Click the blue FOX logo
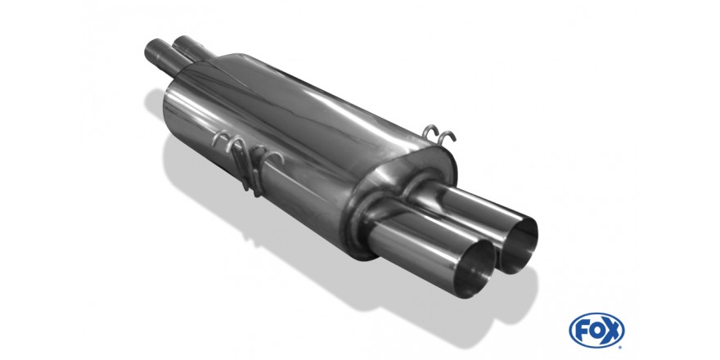(x=596, y=331)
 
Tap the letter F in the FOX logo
(x=583, y=331)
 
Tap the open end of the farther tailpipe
(x=519, y=245)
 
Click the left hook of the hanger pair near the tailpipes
(x=430, y=131)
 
